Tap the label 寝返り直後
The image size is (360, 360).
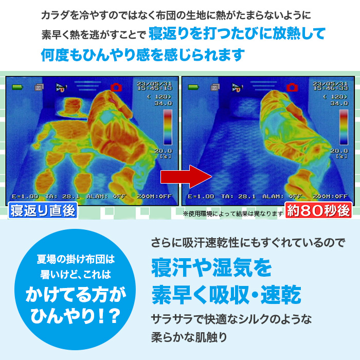(43, 210)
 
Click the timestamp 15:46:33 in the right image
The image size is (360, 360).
(331, 88)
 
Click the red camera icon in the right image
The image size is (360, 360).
(293, 87)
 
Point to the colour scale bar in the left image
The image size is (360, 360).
(168, 127)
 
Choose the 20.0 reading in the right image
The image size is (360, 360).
(340, 151)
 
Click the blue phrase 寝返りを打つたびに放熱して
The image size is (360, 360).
(237, 35)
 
